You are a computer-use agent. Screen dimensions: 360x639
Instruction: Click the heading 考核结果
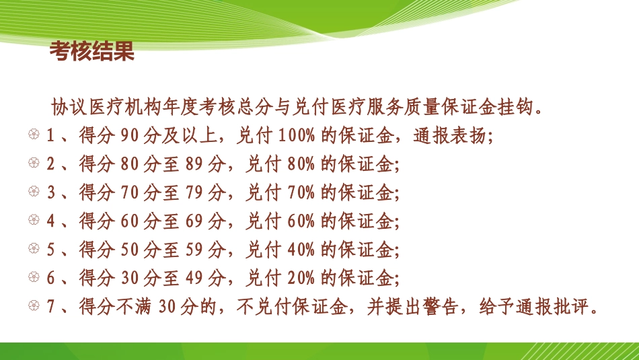tap(93, 52)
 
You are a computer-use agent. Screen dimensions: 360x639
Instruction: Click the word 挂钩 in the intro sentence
tap(519, 107)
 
